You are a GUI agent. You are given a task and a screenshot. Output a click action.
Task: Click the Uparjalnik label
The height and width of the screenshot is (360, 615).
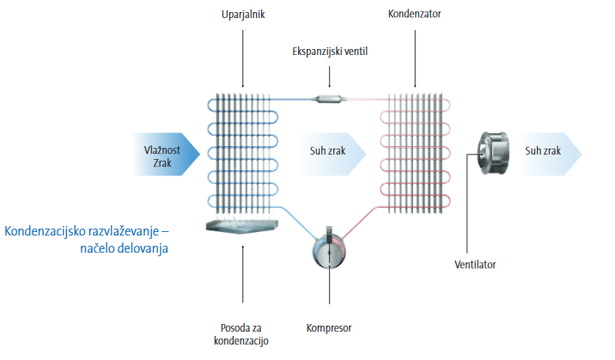pos(242,15)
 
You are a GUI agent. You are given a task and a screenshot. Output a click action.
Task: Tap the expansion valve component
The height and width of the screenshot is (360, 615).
pos(330,100)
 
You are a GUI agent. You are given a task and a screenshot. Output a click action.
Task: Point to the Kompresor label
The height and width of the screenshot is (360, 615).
pos(329,327)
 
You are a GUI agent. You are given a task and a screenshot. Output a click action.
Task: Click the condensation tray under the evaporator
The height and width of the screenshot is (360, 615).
pos(242,227)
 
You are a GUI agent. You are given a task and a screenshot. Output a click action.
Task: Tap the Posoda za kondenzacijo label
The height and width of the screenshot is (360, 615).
pos(242,334)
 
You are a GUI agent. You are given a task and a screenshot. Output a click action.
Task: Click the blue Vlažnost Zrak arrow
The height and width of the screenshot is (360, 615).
pos(161,154)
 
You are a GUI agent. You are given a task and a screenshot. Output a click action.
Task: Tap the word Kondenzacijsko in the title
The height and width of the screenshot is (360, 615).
pos(51,230)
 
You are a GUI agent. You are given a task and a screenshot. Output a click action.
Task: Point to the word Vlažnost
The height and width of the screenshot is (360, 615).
pos(159,147)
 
